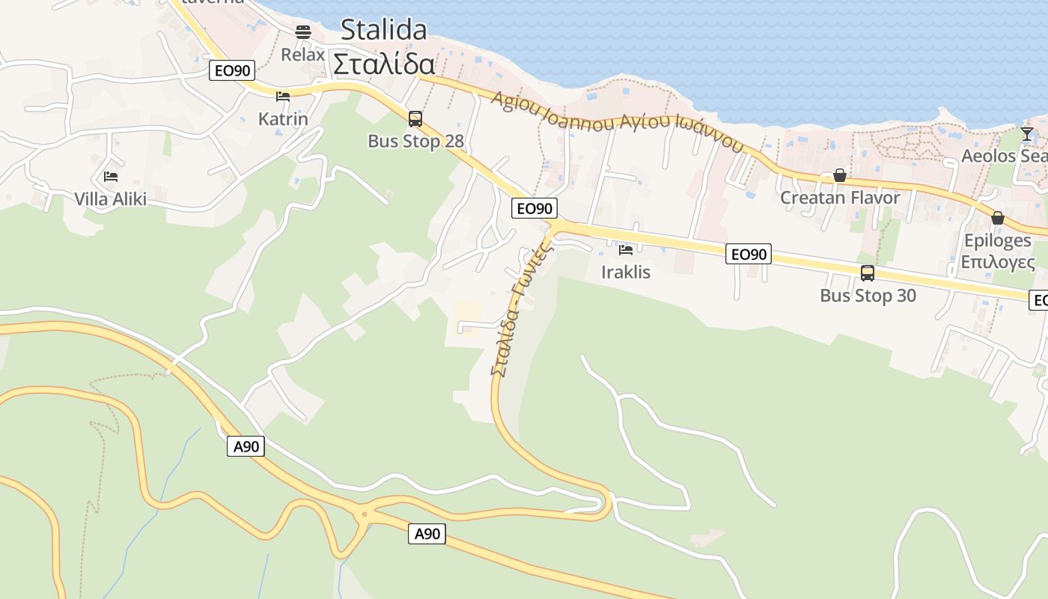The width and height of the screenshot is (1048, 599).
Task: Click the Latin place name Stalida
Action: coord(383,30)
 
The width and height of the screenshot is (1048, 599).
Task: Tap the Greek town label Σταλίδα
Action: coord(383,64)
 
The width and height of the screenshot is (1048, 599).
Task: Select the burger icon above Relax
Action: coord(303,31)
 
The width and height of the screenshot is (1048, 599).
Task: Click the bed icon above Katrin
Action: coord(283,96)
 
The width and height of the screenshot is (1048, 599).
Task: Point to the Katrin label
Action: coord(283,119)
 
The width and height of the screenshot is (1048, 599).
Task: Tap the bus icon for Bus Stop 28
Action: coord(415,118)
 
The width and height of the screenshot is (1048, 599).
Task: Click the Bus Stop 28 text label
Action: coord(415,141)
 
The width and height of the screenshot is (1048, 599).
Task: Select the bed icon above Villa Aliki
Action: coord(111,177)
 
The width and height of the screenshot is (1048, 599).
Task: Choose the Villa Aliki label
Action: coord(111,199)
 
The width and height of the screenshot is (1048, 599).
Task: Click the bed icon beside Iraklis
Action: coord(626,249)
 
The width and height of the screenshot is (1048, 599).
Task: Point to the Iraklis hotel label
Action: coord(626,272)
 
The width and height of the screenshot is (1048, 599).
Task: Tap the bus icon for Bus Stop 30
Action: coord(868,273)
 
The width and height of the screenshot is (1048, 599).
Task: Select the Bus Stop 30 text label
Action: coord(868,296)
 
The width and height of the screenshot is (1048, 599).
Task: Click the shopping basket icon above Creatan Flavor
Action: coord(840,175)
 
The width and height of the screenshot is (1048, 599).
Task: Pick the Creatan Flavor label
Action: coord(840,198)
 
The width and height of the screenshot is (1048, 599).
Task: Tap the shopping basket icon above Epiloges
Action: coord(997,218)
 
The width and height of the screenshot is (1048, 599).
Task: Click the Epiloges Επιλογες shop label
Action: coord(997,252)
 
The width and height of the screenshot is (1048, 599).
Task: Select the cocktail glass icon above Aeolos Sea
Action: coord(1027,134)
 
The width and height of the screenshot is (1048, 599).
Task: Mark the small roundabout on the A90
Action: coord(365,514)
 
